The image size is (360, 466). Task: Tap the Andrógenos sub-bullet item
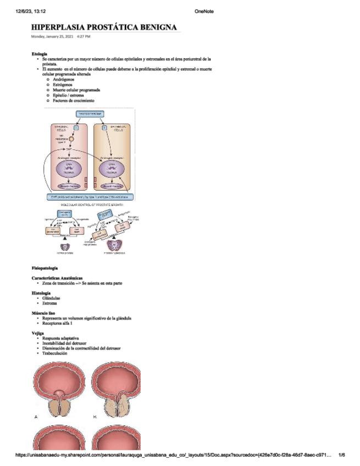pos(64,80)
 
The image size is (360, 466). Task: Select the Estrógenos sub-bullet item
pos(64,85)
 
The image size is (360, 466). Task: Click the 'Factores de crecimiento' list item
pos(74,101)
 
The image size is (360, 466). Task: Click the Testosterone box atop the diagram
pos(91,114)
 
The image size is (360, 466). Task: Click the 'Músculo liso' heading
pos(43,313)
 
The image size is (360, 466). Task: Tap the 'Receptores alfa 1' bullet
pos(57,323)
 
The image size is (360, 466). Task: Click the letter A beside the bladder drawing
pos(36,418)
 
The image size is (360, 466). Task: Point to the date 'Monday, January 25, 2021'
pos(52,36)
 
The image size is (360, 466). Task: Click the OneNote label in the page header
pos(204,10)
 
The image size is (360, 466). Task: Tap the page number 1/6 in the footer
pos(341,455)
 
